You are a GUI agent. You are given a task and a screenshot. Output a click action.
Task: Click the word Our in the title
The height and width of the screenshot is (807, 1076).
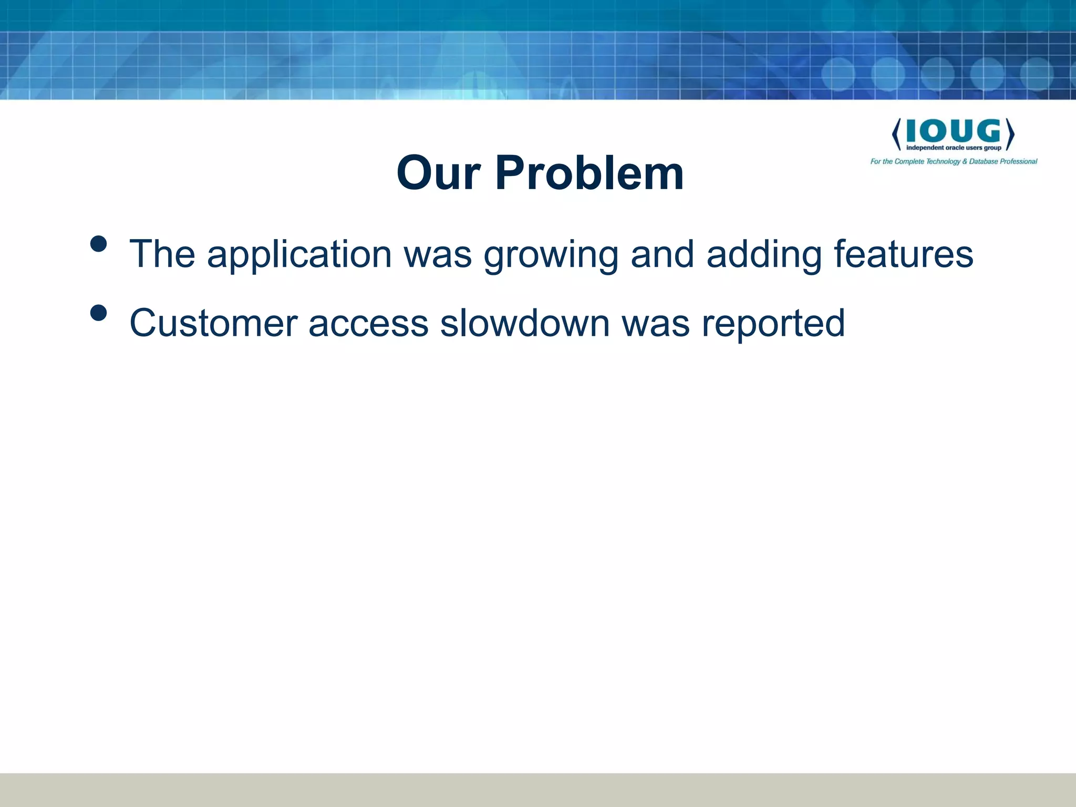tap(438, 173)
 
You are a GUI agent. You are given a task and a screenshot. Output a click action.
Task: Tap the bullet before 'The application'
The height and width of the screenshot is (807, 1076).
tap(98, 244)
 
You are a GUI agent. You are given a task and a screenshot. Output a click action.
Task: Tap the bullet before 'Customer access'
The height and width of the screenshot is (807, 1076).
tap(98, 313)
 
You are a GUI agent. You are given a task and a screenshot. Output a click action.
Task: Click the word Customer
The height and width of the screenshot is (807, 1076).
tap(213, 323)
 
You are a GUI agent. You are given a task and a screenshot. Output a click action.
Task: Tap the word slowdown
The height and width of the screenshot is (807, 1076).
tap(524, 323)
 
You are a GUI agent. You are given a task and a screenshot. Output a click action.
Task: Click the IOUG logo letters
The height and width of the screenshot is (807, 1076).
tap(953, 131)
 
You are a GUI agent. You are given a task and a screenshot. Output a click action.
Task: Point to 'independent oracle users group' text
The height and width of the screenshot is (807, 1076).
tap(954, 148)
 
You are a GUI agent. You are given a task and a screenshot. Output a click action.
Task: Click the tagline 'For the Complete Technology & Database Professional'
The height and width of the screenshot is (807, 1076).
tap(954, 162)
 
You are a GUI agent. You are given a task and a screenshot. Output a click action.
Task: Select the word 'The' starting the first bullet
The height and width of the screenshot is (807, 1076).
tap(162, 254)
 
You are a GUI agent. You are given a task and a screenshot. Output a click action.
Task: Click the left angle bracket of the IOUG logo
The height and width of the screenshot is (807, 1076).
tap(896, 134)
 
